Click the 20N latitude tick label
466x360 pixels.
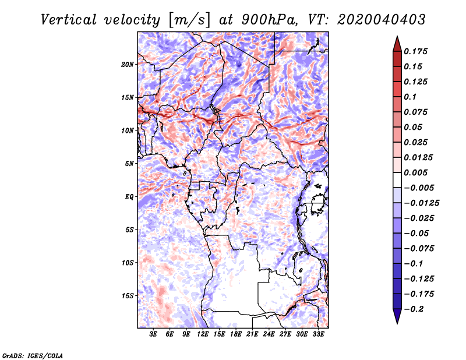pyautogui.click(x=127, y=65)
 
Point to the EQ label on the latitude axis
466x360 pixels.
pyautogui.click(x=129, y=197)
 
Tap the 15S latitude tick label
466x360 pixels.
pyautogui.click(x=127, y=296)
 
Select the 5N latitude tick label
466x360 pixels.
pyautogui.click(x=129, y=164)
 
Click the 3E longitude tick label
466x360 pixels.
pyautogui.click(x=153, y=334)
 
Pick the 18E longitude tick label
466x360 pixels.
pyautogui.click(x=236, y=334)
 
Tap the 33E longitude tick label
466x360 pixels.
pyautogui.click(x=318, y=334)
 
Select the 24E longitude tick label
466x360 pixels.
pyautogui.click(x=269, y=334)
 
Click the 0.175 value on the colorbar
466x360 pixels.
pyautogui.click(x=415, y=51)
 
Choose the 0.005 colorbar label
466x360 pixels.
pyautogui.click(x=415, y=172)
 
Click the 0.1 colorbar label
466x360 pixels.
pyautogui.click(x=410, y=97)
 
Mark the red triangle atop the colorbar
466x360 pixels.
pyautogui.click(x=397, y=44)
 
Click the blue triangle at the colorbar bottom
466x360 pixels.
pyautogui.click(x=397, y=316)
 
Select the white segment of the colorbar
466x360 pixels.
pyautogui.click(x=397, y=180)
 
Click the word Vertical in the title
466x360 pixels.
pyautogui.click(x=69, y=20)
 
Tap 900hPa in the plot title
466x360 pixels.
pyautogui.click(x=269, y=20)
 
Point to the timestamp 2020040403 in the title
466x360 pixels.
pyautogui.click(x=381, y=20)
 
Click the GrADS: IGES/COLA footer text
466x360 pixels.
pyautogui.click(x=33, y=355)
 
